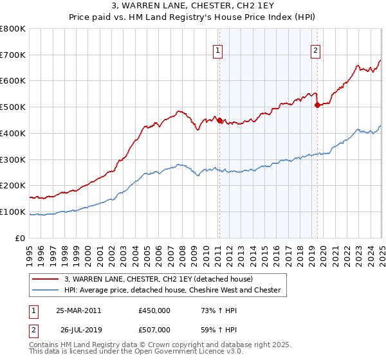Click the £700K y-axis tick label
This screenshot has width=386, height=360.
click(x=13, y=55)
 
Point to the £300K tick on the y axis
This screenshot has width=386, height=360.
click(x=13, y=159)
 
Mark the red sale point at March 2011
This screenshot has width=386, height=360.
click(x=219, y=120)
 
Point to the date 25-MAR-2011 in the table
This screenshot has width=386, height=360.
click(x=78, y=310)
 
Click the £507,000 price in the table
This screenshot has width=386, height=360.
click(x=154, y=330)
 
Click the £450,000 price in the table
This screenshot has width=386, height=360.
click(x=154, y=310)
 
